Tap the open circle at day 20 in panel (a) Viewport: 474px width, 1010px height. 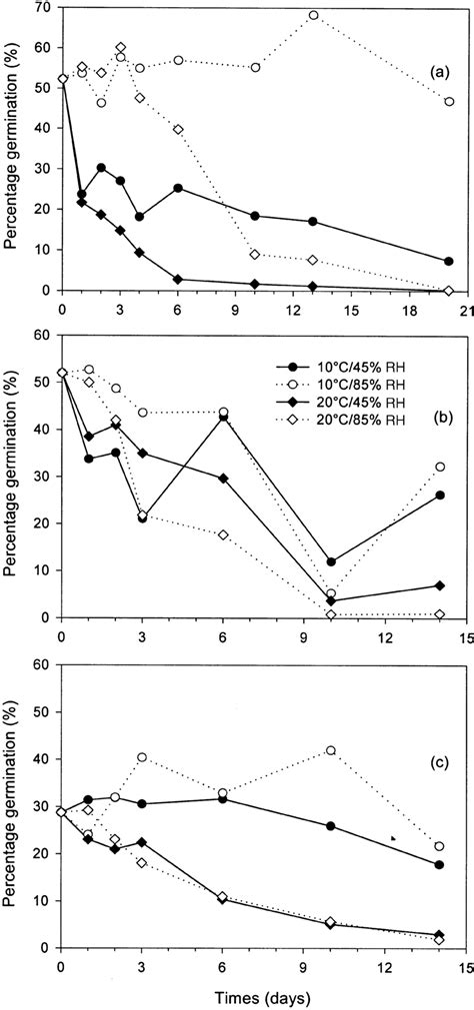pyautogui.click(x=449, y=102)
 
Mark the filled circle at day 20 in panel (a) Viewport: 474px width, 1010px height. pyautogui.click(x=449, y=262)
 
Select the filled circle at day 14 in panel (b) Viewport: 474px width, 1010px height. pyautogui.click(x=440, y=495)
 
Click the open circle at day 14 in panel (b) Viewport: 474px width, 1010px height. pyautogui.click(x=440, y=467)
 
